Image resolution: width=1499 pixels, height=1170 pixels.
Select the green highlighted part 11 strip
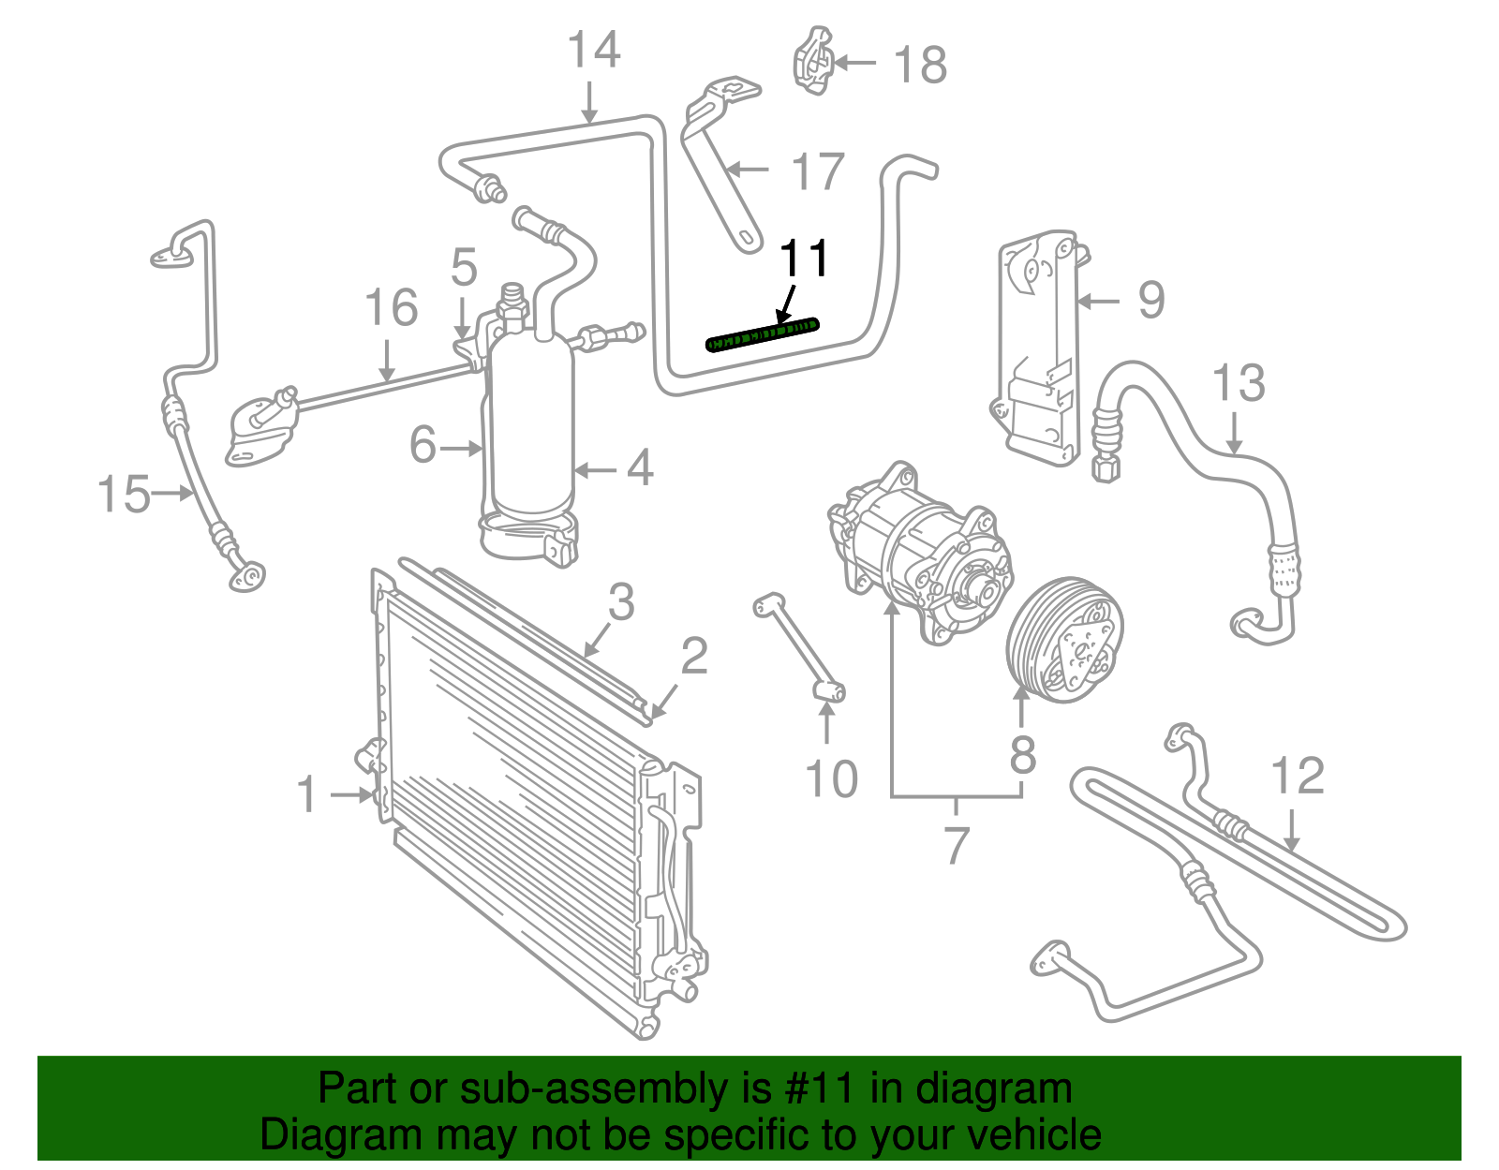(762, 334)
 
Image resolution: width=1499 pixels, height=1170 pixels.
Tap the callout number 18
(920, 66)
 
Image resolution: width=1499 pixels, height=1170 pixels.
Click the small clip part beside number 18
(813, 62)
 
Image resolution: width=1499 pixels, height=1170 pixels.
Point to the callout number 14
(594, 51)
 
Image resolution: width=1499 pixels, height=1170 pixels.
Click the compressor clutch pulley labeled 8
(1065, 640)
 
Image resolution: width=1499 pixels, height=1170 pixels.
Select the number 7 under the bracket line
(956, 845)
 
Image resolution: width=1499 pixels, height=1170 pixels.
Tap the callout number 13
(1239, 384)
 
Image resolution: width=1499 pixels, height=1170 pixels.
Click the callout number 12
(1298, 777)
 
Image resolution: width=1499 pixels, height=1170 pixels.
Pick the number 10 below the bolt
(831, 779)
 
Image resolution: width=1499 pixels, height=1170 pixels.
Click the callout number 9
(1150, 301)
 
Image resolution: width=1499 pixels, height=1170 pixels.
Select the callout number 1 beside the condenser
(307, 794)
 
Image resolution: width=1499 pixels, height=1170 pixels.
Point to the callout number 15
(124, 494)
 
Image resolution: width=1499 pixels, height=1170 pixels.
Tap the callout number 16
(391, 308)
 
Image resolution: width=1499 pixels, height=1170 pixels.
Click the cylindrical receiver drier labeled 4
(532, 431)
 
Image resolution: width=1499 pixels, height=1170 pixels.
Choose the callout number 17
(818, 172)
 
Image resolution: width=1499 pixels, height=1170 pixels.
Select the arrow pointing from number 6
(461, 450)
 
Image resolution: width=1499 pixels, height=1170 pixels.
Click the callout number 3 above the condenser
(621, 602)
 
